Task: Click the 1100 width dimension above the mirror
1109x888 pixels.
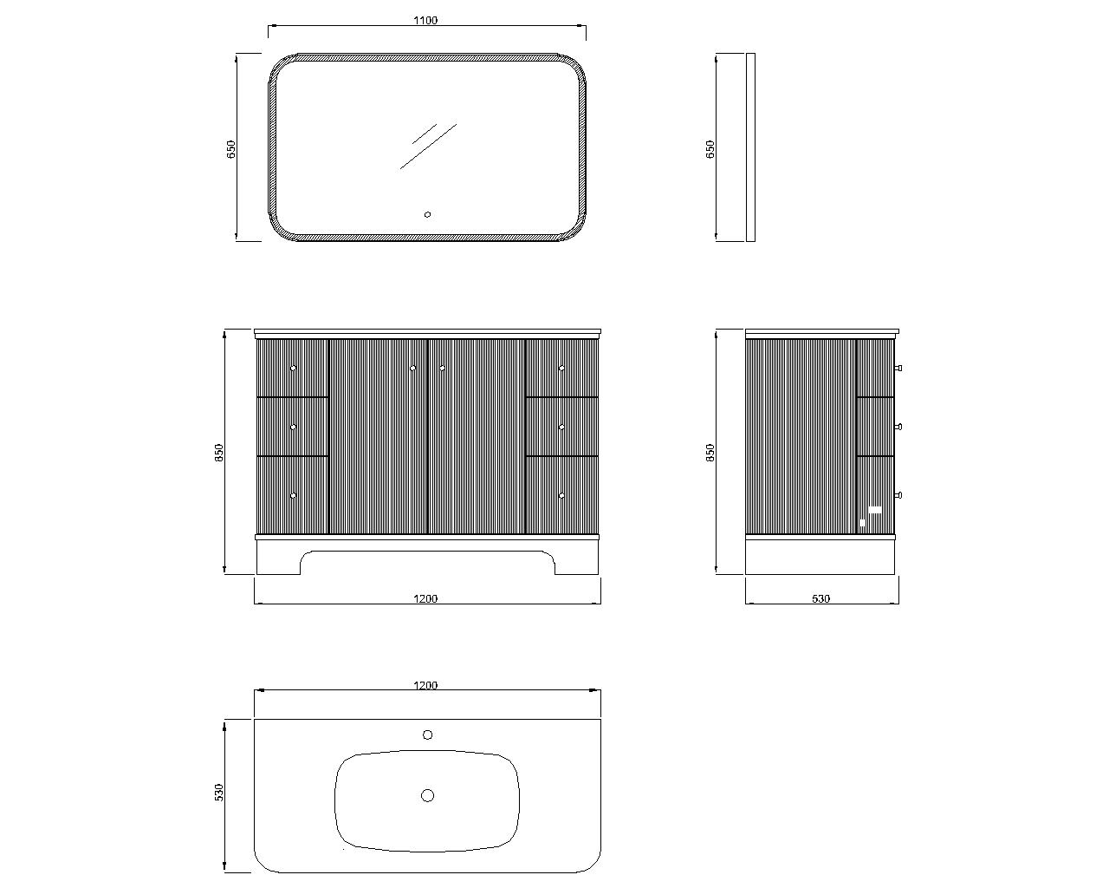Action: [425, 20]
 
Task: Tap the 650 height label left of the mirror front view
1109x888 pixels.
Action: [230, 149]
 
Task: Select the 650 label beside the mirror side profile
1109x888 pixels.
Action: [710, 149]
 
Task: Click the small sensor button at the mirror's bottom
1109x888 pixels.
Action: [427, 215]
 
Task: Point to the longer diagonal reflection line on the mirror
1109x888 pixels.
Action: [428, 146]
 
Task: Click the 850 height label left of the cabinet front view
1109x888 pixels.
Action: [219, 453]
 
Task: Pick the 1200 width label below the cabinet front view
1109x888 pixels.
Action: [425, 598]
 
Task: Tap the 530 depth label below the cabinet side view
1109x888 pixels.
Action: [821, 598]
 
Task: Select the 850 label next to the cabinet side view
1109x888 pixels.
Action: [710, 453]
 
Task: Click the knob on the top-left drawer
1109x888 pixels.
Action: [293, 368]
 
